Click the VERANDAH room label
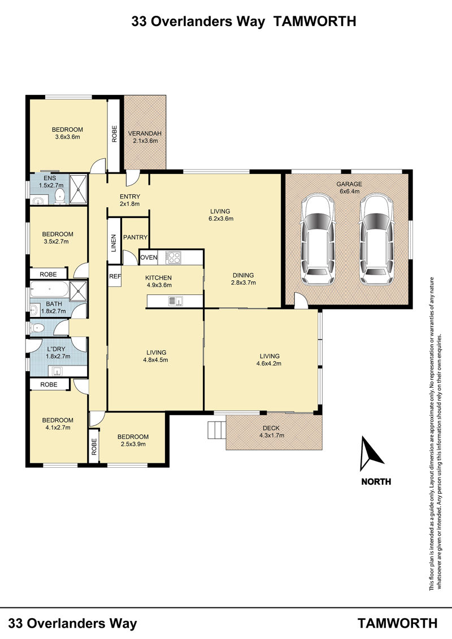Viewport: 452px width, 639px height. click(x=145, y=133)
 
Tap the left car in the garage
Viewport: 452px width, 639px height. click(x=319, y=241)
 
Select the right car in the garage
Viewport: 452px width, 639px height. click(x=377, y=241)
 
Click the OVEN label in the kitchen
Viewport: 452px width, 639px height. click(x=149, y=258)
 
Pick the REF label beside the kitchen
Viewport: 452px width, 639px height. click(x=115, y=276)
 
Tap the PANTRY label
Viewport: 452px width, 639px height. click(x=135, y=237)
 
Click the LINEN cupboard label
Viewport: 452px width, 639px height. click(x=114, y=242)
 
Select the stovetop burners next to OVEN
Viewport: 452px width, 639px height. click(x=173, y=258)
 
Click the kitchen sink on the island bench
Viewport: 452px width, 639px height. click(x=176, y=301)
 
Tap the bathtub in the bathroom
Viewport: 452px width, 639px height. click(x=49, y=289)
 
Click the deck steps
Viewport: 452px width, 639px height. click(x=216, y=429)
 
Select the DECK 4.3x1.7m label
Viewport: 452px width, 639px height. click(x=271, y=432)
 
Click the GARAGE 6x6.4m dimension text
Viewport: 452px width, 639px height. click(x=349, y=191)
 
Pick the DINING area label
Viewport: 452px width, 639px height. click(x=244, y=275)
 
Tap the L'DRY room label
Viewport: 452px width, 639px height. click(x=56, y=349)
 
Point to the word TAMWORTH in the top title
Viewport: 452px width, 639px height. click(x=314, y=21)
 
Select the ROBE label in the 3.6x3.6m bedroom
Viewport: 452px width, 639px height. click(x=114, y=134)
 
